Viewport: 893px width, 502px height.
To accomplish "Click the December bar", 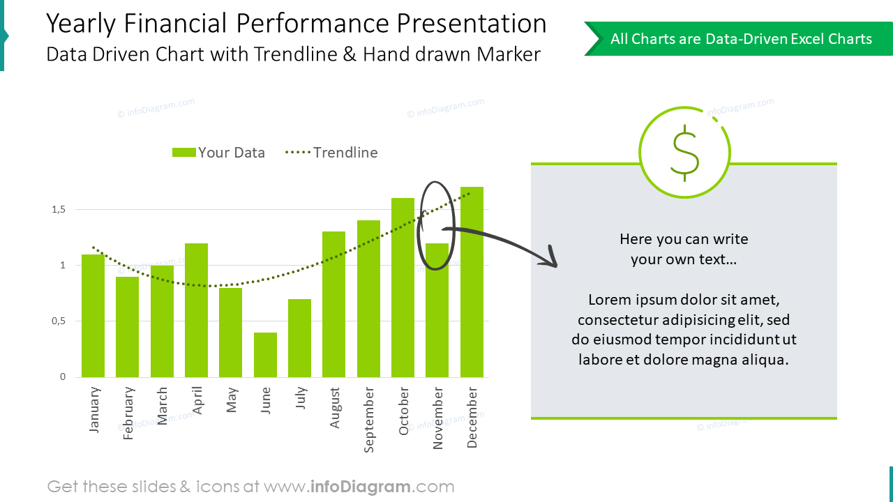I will tap(472, 282).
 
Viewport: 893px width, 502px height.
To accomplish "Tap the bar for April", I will tap(196, 310).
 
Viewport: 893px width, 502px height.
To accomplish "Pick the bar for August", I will tap(333, 304).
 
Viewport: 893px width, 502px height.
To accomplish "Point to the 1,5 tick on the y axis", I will tap(58, 209).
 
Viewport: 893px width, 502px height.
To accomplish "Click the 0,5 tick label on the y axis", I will tap(58, 321).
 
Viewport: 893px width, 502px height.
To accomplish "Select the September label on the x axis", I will tap(369, 420).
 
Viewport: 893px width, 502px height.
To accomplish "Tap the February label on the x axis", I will tap(128, 413).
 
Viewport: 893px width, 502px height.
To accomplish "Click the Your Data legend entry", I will tap(218, 153).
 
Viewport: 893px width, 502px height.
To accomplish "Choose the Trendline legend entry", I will tap(332, 153).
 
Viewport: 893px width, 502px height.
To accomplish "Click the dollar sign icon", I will tap(684, 153).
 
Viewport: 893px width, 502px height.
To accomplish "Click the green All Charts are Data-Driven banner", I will tap(740, 39).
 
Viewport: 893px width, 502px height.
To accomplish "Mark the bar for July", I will tap(299, 338).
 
